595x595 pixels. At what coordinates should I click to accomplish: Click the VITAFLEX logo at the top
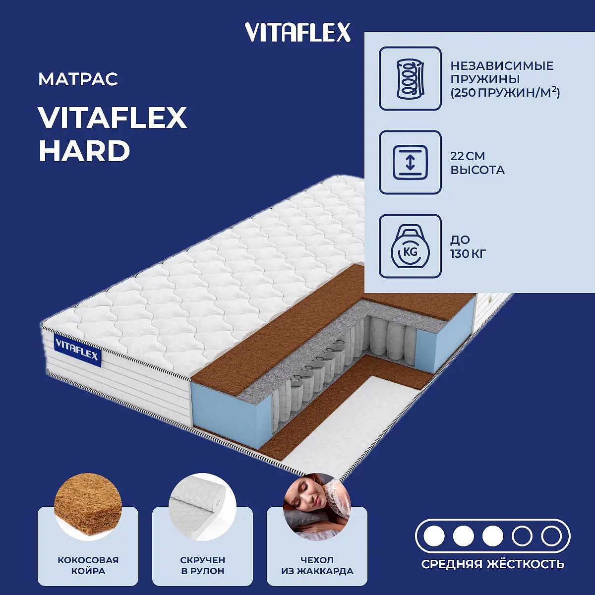(x=297, y=32)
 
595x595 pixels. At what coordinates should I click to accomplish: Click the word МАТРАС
(x=78, y=79)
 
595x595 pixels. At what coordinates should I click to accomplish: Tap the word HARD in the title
(x=84, y=151)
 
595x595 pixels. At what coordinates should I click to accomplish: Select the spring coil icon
(x=410, y=78)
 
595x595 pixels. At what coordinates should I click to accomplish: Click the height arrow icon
(x=410, y=163)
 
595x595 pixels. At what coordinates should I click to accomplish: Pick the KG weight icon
(x=410, y=246)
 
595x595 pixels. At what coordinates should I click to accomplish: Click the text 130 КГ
(x=468, y=254)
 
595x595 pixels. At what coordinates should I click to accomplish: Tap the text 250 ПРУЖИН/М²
(x=505, y=93)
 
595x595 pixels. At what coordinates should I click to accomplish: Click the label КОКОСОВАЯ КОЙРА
(x=88, y=566)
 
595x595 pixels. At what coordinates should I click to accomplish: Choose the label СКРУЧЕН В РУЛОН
(x=203, y=566)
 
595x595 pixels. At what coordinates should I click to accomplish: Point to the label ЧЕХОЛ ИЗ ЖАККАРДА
(x=317, y=566)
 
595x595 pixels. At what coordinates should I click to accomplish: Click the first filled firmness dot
(x=434, y=536)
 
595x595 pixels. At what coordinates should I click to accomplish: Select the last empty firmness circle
(x=551, y=536)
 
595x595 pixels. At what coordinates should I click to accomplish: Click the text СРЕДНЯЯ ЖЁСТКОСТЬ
(x=493, y=564)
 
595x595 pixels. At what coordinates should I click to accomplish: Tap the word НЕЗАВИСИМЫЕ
(x=502, y=66)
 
